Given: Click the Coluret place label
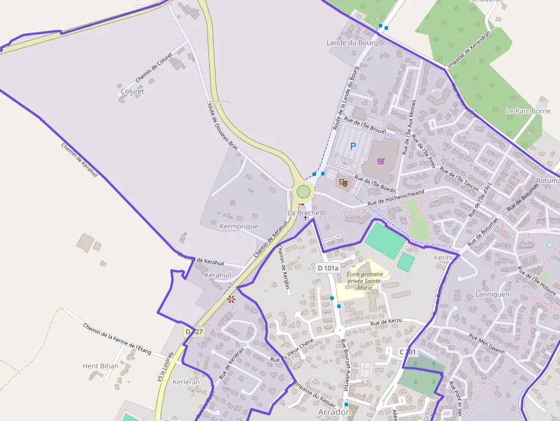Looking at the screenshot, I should pyautogui.click(x=133, y=91).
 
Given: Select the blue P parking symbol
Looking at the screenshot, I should pyautogui.click(x=353, y=146).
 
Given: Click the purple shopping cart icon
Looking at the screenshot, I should pyautogui.click(x=381, y=161).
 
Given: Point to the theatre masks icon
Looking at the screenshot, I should pyautogui.click(x=343, y=182).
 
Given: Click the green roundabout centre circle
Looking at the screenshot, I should pyautogui.click(x=303, y=191).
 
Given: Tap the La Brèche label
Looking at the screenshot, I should pyautogui.click(x=303, y=213).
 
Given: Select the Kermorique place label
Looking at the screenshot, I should pyautogui.click(x=239, y=226).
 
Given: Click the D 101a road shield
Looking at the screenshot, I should pyautogui.click(x=328, y=268).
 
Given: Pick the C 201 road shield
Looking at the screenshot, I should pyautogui.click(x=408, y=352).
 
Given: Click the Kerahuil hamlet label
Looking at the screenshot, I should pyautogui.click(x=218, y=275).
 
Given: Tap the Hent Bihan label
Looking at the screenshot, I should pyautogui.click(x=101, y=366).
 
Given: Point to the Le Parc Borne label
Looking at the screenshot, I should pyautogui.click(x=528, y=111).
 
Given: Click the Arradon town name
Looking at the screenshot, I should pyautogui.click(x=334, y=412).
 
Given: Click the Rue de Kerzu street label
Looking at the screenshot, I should pyautogui.click(x=386, y=323).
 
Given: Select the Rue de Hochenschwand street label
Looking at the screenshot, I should pyautogui.click(x=396, y=197).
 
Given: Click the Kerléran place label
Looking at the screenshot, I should pyautogui.click(x=186, y=382).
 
